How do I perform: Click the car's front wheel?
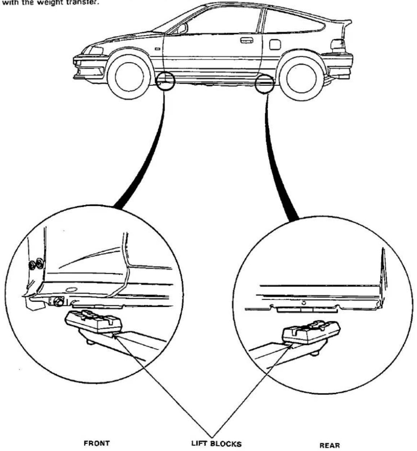coord(129,77)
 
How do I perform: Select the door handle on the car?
coord(247,40)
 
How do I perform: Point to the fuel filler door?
coord(275,44)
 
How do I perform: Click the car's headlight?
coord(96,50)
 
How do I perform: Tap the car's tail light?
coord(338,46)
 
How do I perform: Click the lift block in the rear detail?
coord(311,332)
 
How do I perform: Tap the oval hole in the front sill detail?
coord(71,289)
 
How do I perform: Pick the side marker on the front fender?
coord(158,49)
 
